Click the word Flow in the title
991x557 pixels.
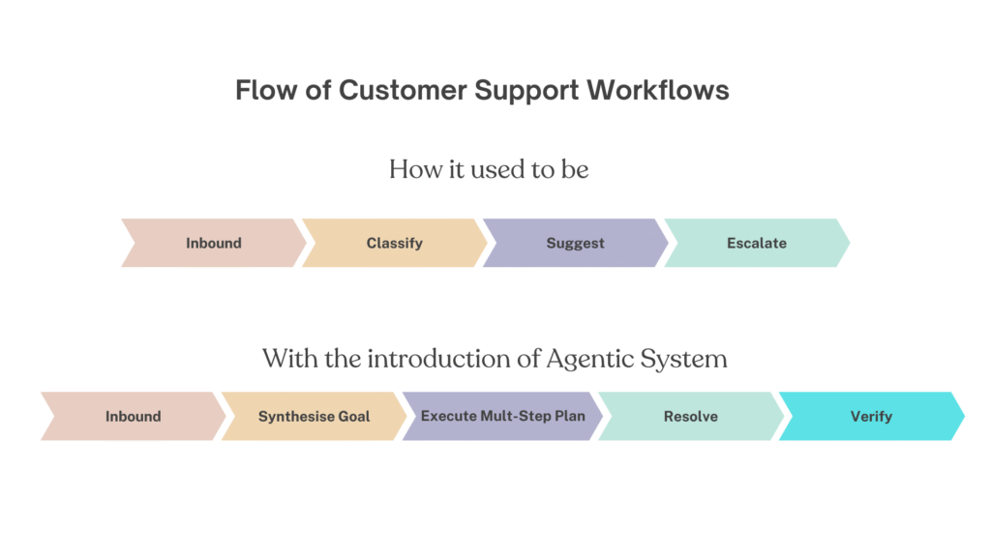pos(261,91)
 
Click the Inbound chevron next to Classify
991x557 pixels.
pos(213,244)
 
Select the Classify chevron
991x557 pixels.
pos(394,244)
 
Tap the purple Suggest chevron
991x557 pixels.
pos(575,244)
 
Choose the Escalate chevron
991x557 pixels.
pos(756,244)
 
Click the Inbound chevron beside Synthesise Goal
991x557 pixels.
pos(133,417)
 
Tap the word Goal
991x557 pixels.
pos(353,417)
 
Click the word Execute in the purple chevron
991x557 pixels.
pos(449,417)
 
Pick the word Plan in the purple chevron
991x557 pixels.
pos(569,417)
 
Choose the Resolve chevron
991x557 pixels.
pos(690,417)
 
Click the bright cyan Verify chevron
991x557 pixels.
pos(871,417)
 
